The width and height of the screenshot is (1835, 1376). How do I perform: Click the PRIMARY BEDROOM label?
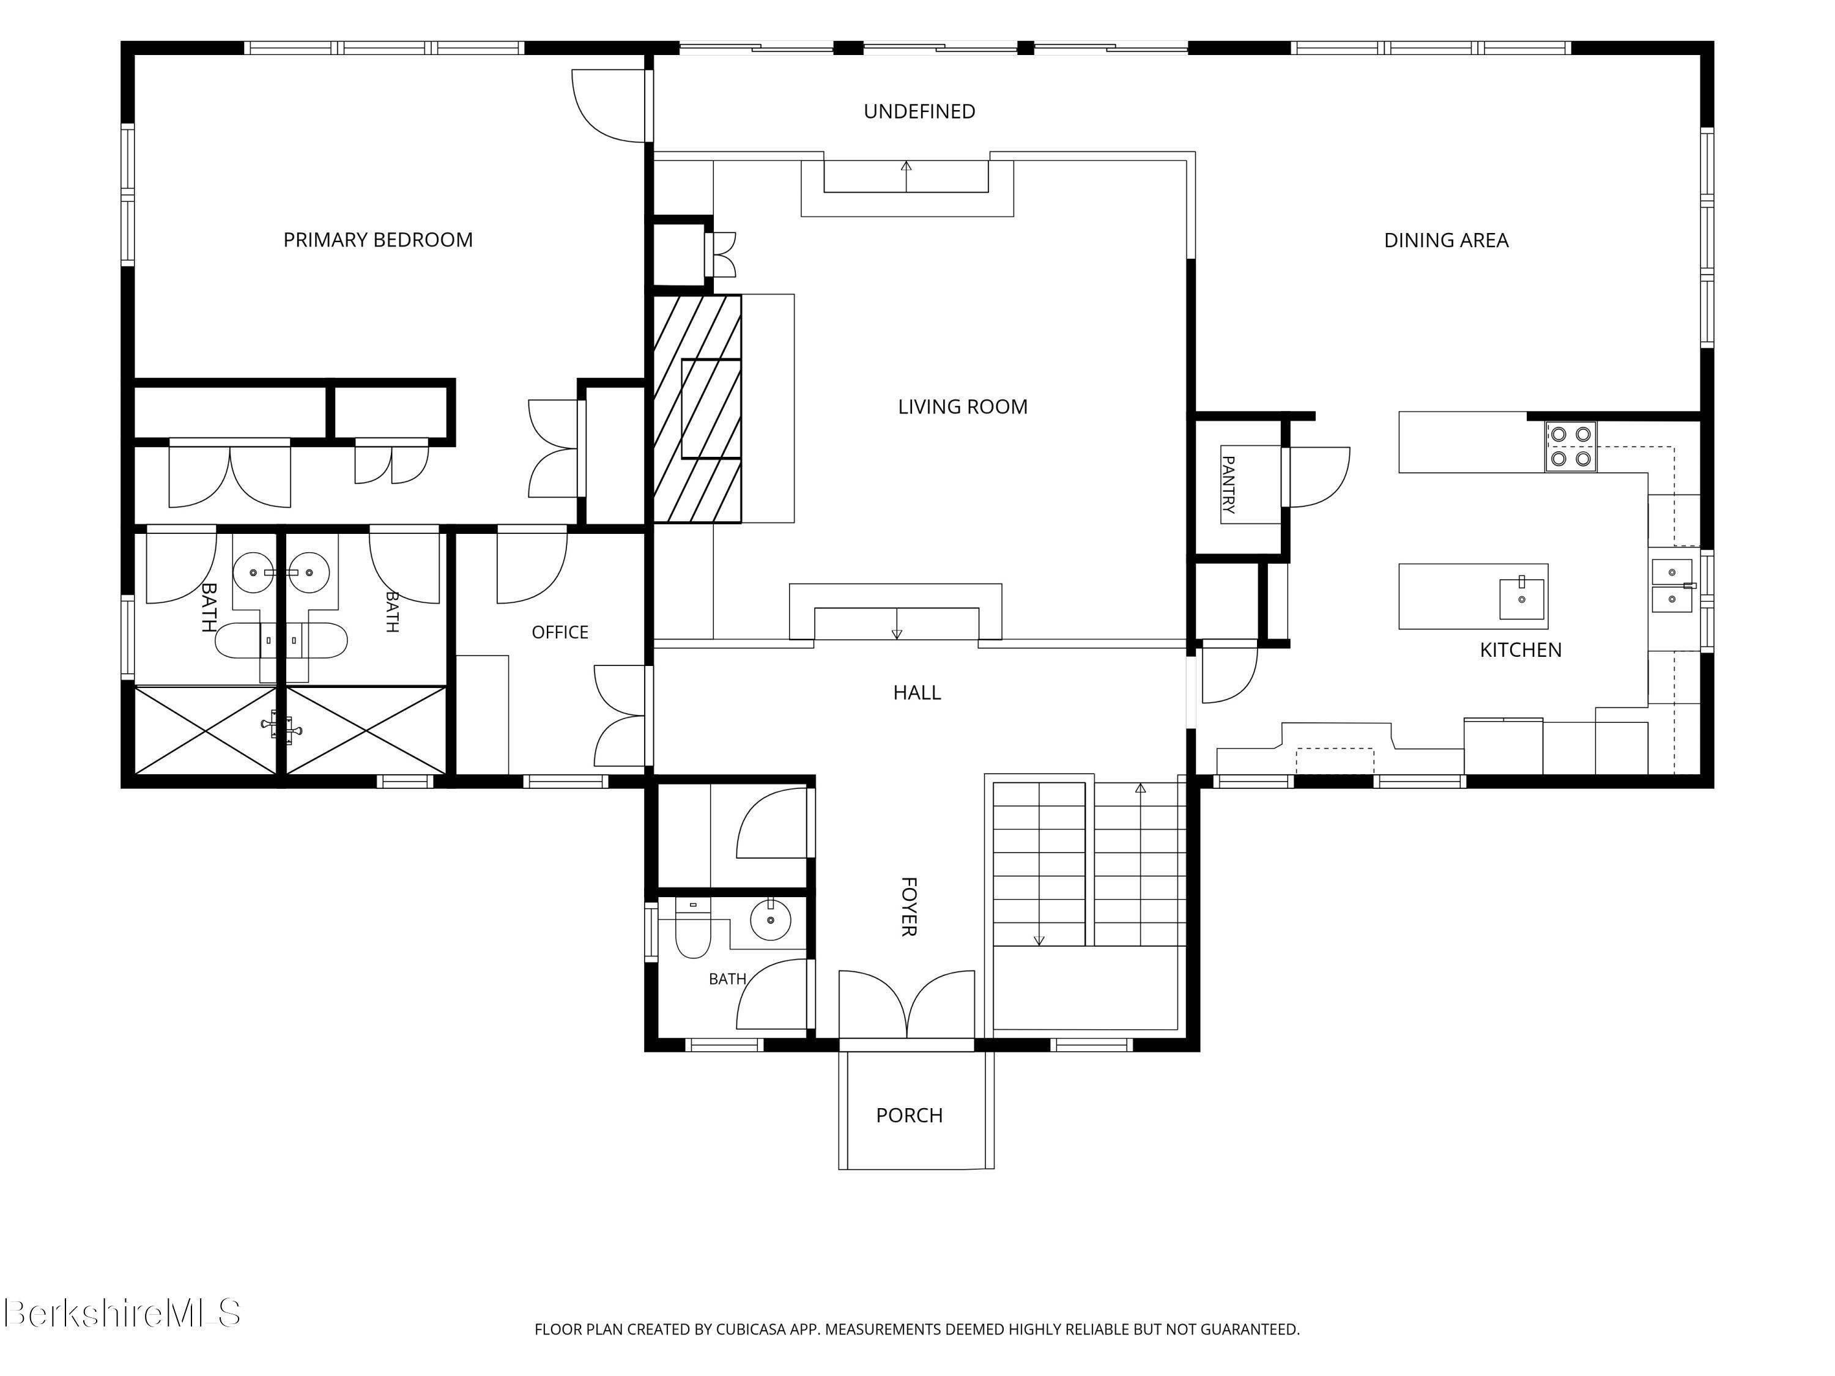[378, 240]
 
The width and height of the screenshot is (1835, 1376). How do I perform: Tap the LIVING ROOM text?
[962, 407]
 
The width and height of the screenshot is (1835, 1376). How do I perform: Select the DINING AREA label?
[1446, 240]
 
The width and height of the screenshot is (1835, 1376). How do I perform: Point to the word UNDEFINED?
[919, 111]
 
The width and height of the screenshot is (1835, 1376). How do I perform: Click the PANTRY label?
[1229, 484]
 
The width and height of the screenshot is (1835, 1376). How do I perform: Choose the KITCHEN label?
[1521, 650]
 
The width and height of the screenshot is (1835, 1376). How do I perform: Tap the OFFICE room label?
[560, 632]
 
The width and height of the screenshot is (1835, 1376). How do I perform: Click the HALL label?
[917, 692]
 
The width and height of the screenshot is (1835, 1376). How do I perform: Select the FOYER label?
[908, 906]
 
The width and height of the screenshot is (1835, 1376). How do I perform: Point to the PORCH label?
[909, 1115]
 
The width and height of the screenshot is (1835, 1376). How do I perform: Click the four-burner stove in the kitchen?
[1570, 446]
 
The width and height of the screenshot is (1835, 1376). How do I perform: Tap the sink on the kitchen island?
[1521, 599]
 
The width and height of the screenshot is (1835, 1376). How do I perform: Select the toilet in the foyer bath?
[692, 928]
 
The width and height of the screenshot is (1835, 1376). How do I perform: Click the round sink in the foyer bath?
[771, 920]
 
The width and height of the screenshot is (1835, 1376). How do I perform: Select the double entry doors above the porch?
[906, 1004]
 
